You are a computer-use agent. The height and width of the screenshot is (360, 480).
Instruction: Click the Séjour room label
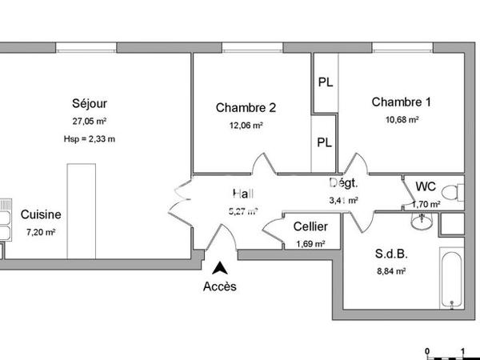click(90, 103)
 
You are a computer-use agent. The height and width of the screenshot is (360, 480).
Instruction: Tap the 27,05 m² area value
click(90, 122)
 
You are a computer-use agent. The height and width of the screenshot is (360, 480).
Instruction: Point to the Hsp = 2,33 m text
click(90, 138)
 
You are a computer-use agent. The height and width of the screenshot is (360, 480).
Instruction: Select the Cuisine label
click(41, 214)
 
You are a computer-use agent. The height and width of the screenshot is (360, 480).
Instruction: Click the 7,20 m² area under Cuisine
click(41, 233)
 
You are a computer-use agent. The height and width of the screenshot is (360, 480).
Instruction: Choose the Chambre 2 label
click(246, 108)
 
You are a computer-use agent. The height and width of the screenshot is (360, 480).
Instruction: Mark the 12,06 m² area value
click(246, 126)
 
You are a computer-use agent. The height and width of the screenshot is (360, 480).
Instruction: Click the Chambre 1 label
click(401, 102)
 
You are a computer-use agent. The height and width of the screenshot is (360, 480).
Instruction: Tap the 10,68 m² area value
click(402, 120)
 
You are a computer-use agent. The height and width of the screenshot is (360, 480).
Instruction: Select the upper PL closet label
click(325, 82)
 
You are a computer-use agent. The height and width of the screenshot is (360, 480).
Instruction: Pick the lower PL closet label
click(325, 143)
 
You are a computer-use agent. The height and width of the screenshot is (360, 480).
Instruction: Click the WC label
click(426, 187)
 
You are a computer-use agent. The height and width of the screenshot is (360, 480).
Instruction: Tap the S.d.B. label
click(391, 255)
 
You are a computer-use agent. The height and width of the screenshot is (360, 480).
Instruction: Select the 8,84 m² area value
click(391, 272)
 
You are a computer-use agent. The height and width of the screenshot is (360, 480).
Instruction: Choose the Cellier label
click(310, 227)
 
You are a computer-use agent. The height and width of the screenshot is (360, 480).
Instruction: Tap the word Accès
click(219, 286)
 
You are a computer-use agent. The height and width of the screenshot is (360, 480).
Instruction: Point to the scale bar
click(446, 352)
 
